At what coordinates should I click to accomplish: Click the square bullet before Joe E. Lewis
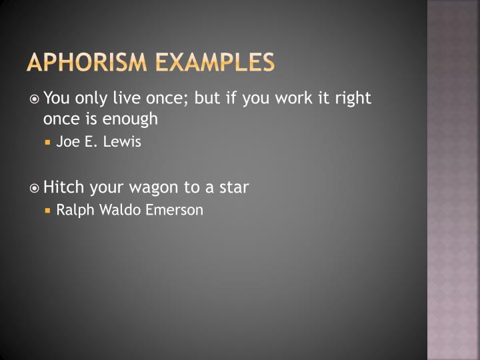click(49, 143)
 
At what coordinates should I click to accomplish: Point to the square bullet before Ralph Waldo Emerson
click(49, 211)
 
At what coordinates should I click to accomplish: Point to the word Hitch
click(61, 187)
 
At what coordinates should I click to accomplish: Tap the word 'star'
click(233, 187)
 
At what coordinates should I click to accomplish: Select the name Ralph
click(74, 210)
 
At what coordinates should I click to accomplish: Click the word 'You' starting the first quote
click(56, 99)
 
